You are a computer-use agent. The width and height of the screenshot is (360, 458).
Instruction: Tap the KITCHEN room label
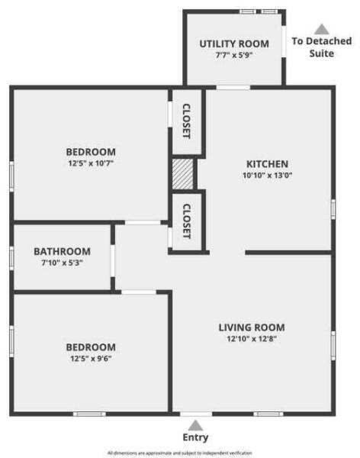(x=266, y=164)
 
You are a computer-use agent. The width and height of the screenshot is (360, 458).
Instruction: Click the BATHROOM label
(x=62, y=251)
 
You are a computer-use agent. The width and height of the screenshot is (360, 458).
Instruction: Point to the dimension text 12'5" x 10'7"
(x=91, y=163)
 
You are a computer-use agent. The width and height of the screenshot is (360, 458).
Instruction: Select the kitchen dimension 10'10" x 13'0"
(x=266, y=176)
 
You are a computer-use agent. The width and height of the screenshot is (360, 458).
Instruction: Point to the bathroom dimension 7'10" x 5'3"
(x=62, y=263)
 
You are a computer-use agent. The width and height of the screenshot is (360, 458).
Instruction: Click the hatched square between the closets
(x=183, y=173)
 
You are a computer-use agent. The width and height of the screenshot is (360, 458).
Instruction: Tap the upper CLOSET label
(x=186, y=121)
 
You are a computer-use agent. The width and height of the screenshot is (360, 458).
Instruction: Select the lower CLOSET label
(x=186, y=221)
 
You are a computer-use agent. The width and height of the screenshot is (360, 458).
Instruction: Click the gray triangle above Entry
(x=195, y=424)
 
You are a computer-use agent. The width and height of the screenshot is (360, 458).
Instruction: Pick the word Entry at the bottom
(x=195, y=437)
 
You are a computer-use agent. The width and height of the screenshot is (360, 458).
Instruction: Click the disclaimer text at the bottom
(x=180, y=453)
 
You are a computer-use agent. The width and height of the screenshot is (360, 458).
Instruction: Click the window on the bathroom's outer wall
(x=11, y=257)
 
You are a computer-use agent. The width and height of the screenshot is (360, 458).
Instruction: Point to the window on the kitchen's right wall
(x=333, y=208)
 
